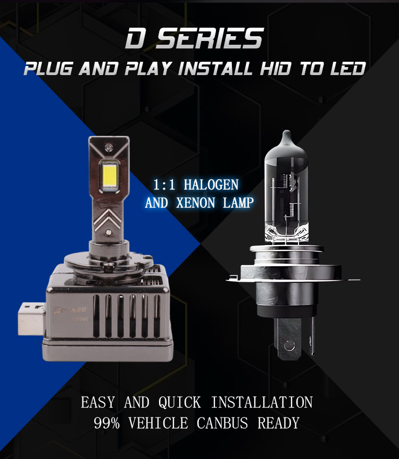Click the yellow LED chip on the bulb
click(110, 175)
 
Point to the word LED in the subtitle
click(348, 69)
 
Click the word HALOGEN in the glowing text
click(211, 185)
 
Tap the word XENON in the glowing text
click(196, 202)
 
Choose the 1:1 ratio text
click(164, 185)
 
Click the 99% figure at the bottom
click(107, 423)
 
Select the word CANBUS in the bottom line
click(222, 423)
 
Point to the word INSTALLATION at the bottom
click(262, 402)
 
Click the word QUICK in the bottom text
click(180, 402)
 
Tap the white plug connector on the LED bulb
click(31, 319)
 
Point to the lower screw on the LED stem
click(108, 232)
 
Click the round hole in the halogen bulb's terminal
click(289, 346)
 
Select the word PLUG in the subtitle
click(48, 69)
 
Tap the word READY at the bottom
click(278, 423)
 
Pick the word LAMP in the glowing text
click(238, 202)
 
